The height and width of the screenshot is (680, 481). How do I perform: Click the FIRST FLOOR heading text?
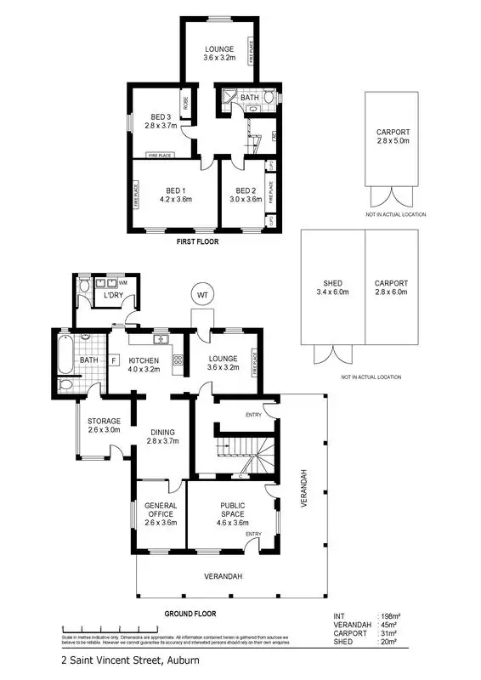196,242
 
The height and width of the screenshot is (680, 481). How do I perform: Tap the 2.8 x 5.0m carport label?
392,137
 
